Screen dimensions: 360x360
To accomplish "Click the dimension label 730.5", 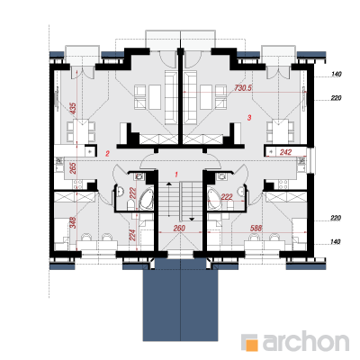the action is (243, 88).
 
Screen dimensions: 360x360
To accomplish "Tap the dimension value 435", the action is (73, 108).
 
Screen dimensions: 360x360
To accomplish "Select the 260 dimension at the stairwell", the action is (179, 229).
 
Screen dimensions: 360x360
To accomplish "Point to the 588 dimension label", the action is (256, 229).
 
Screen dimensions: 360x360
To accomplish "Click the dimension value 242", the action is (285, 152).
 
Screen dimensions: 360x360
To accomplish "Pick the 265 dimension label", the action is (73, 168).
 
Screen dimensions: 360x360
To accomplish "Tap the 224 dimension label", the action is (132, 235).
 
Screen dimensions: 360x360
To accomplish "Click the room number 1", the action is (176, 174).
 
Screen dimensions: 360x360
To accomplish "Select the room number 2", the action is (107, 154).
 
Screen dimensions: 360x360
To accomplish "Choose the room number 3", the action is (249, 117).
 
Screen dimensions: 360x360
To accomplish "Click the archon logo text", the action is (306, 341).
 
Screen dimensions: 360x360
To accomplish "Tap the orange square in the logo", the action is (251, 345).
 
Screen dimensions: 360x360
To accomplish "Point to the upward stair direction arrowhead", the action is (169, 184).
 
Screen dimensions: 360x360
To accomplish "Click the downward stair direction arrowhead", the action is (191, 219).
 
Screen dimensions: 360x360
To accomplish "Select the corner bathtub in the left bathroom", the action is (147, 198).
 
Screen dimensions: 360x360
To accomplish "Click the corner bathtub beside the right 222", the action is (214, 198).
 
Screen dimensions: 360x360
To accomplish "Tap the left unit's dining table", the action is (81, 131).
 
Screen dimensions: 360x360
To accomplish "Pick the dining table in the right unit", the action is (280, 131).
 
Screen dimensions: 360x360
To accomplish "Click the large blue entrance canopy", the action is (180, 300).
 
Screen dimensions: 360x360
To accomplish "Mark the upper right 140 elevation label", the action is (337, 74).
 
